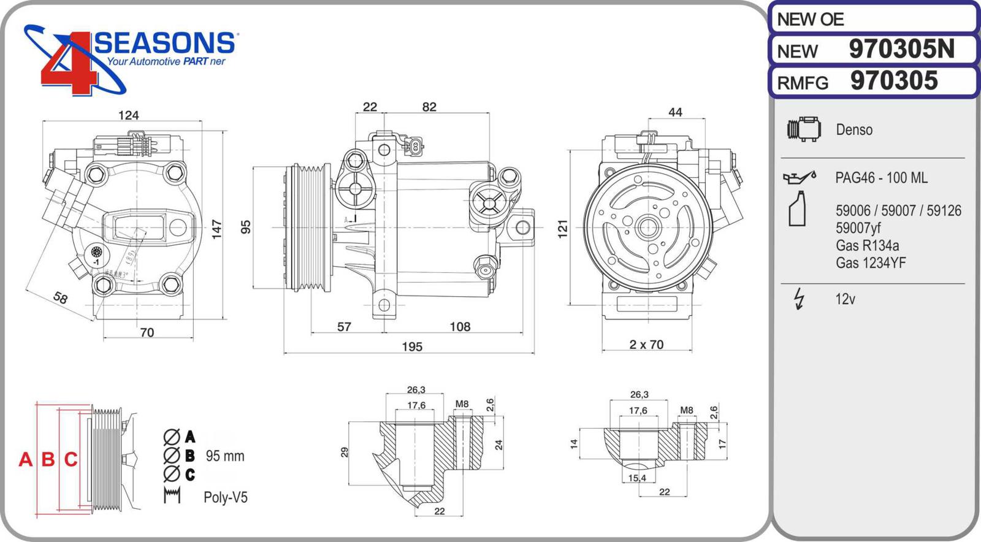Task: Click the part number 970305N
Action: [x=901, y=50]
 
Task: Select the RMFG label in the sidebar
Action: [x=803, y=83]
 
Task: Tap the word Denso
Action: [x=853, y=130]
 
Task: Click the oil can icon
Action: [x=799, y=177]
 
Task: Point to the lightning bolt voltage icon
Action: [x=798, y=299]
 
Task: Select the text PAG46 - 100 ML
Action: [x=881, y=178]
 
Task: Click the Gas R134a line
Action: [x=867, y=246]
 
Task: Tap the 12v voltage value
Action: [x=845, y=299]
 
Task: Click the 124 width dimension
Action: [x=128, y=115]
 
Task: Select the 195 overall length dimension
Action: [x=412, y=347]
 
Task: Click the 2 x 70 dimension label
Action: [x=646, y=345]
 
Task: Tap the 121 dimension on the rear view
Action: [x=563, y=229]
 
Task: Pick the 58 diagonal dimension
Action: [x=60, y=298]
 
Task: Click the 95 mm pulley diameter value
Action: [x=225, y=456]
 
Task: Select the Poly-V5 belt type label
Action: [x=226, y=497]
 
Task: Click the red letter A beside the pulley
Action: [x=25, y=459]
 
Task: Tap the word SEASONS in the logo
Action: [x=164, y=44]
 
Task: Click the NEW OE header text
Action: [x=810, y=20]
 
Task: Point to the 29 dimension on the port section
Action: [x=345, y=452]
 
